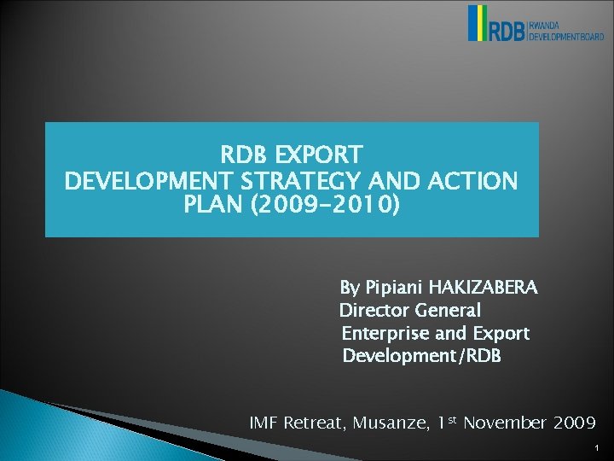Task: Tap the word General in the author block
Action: point(449,310)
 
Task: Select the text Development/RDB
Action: point(421,355)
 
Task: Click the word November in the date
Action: point(504,423)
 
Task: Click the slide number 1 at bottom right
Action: point(599,446)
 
